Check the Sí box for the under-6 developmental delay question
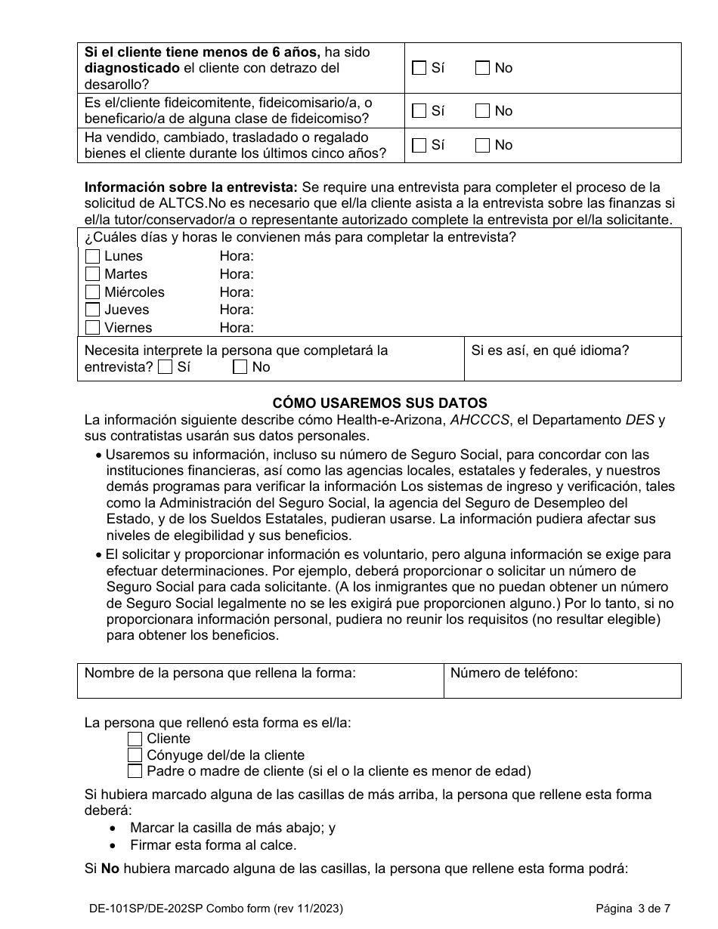(x=419, y=68)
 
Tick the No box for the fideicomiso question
(x=482, y=111)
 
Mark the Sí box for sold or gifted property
(x=419, y=145)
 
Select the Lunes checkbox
(x=92, y=256)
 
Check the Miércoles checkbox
(x=92, y=292)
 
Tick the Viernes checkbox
(x=92, y=328)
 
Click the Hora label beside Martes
(x=237, y=274)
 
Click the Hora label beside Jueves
(x=237, y=310)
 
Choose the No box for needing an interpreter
(x=240, y=367)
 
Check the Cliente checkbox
(x=135, y=739)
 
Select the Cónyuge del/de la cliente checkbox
(x=135, y=755)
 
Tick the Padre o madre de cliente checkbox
(x=135, y=771)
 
